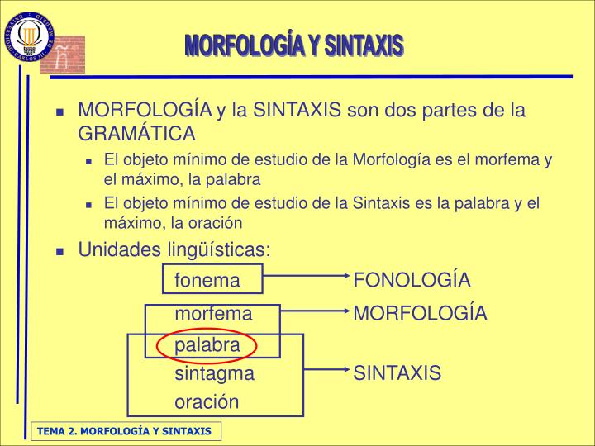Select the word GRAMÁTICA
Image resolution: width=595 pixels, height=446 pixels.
point(136,134)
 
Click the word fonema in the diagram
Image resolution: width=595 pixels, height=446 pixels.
point(207,281)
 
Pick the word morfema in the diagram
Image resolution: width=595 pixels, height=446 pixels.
point(213,314)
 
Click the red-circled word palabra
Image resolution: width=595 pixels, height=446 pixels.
point(207,344)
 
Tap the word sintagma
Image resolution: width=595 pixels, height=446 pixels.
point(214,374)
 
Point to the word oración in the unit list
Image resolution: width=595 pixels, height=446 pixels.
point(207,402)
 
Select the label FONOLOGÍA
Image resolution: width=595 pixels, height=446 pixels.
point(412,281)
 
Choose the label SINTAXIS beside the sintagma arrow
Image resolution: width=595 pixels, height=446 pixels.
point(397,374)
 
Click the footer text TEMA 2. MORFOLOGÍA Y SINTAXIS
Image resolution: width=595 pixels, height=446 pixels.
point(123,432)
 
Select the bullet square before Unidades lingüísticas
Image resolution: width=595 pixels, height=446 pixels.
point(60,251)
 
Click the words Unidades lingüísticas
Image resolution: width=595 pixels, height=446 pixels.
point(174,249)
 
